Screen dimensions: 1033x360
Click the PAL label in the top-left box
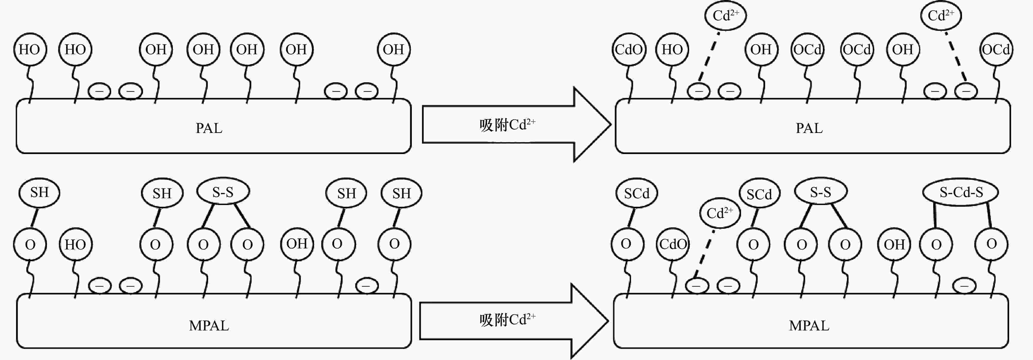(209, 128)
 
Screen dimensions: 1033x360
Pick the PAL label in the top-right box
(809, 128)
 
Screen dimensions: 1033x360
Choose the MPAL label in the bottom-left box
(209, 326)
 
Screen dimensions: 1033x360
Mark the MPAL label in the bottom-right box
(809, 326)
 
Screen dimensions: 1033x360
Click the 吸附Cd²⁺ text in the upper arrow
(507, 125)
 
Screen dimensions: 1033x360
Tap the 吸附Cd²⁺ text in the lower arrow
(507, 320)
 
